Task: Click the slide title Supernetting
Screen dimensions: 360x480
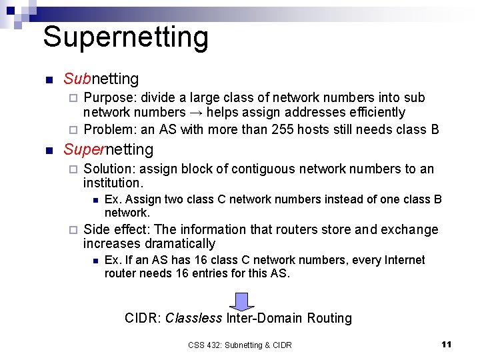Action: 125,37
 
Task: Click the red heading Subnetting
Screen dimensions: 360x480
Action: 101,79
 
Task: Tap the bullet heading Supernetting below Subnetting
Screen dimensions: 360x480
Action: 108,149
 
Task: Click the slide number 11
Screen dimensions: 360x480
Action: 447,344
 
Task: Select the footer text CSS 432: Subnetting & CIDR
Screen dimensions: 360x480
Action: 240,345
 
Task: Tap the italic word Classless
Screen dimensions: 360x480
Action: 193,318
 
